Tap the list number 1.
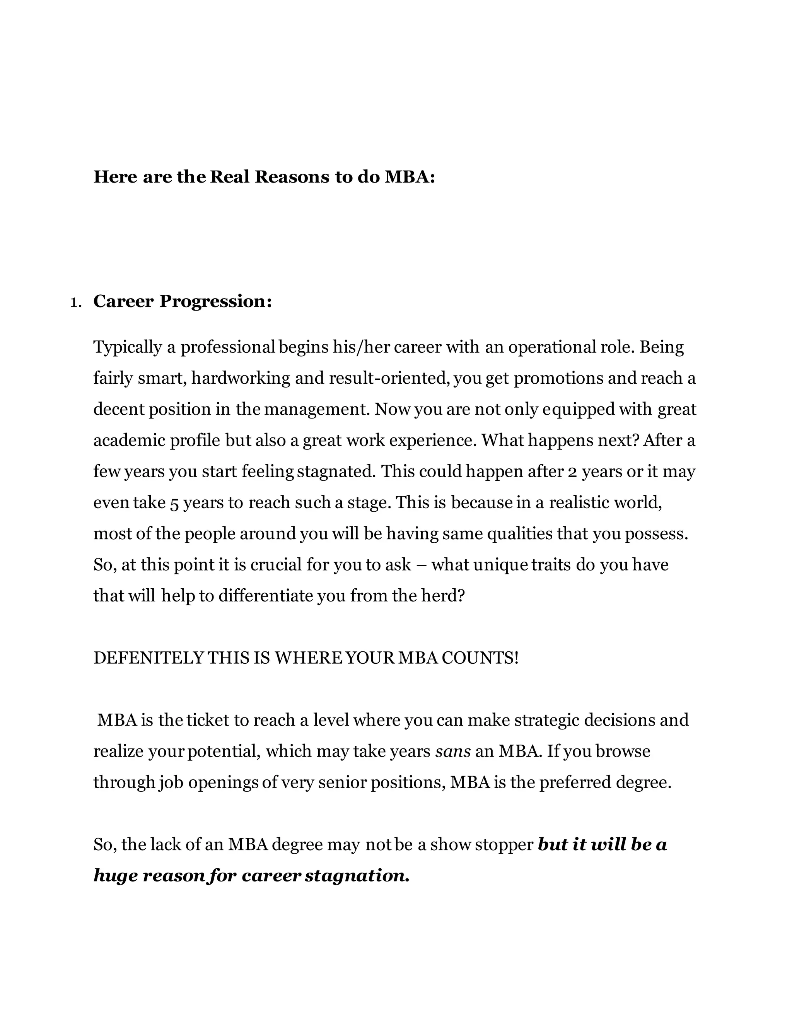point(75,302)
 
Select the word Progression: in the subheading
point(215,301)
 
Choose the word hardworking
point(241,378)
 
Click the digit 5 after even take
point(174,503)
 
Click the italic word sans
point(453,752)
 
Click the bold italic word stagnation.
point(357,876)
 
